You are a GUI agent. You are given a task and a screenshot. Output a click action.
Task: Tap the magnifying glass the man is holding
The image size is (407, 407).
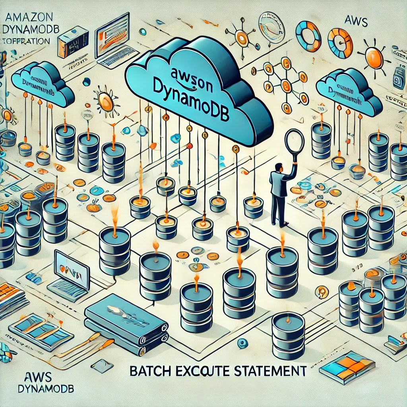tap(294, 141)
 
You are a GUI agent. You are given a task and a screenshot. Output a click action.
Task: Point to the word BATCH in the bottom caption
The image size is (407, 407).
tap(147, 371)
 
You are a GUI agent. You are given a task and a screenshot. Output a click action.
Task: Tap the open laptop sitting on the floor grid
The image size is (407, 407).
tap(70, 274)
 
